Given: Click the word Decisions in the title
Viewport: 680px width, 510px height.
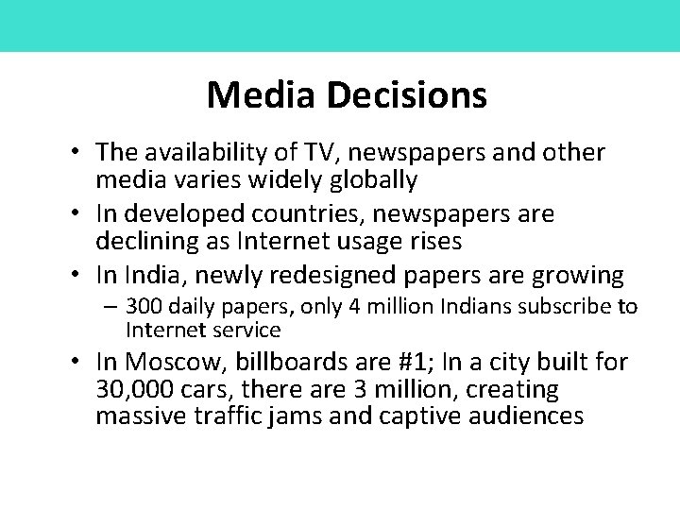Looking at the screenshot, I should coord(408,94).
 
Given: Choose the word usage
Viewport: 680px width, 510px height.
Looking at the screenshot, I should coord(365,242).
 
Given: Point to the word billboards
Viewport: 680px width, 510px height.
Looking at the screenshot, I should coord(311,363).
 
